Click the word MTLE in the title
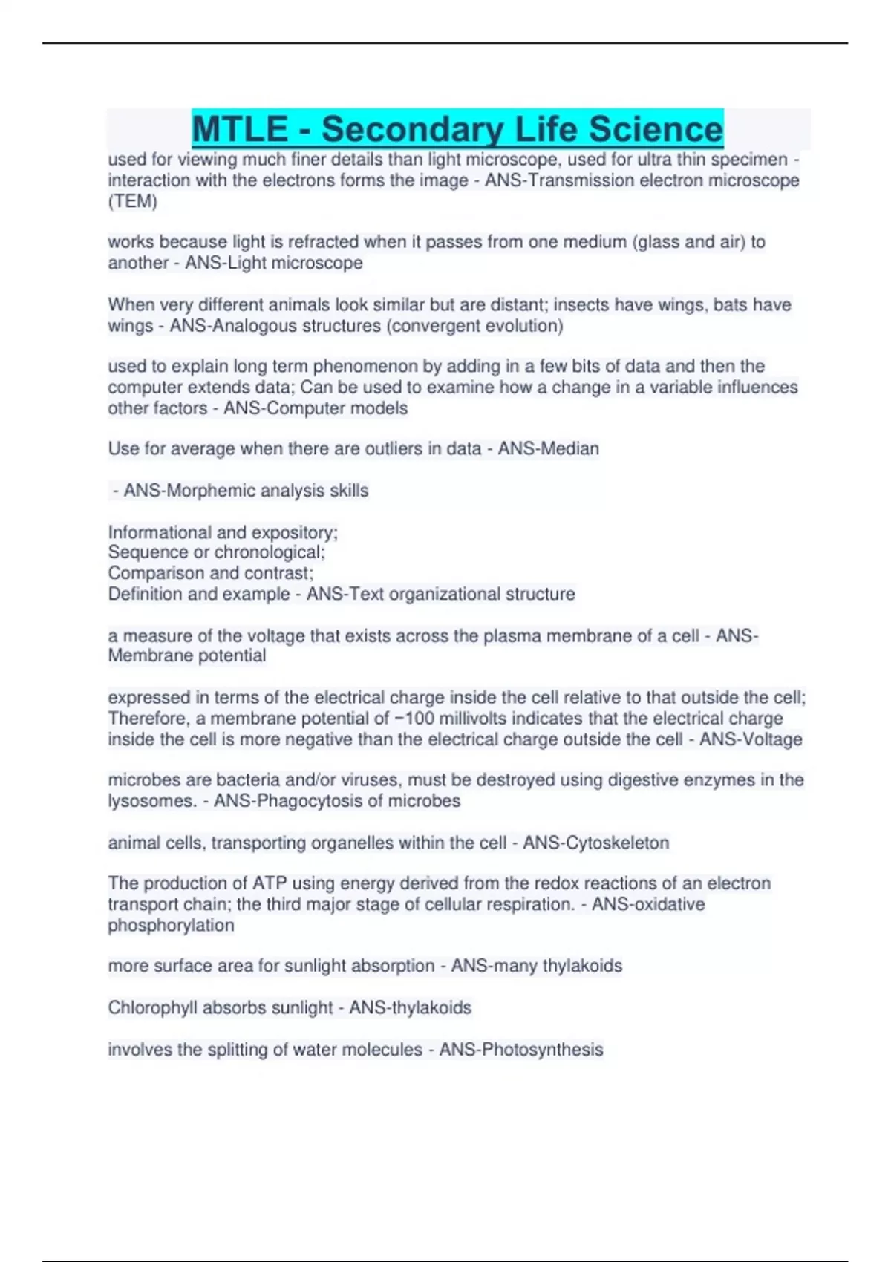(x=240, y=129)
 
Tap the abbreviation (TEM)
(x=132, y=201)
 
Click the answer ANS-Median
(x=548, y=448)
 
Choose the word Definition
(x=146, y=594)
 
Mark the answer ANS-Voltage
(x=751, y=739)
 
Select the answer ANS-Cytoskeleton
(x=595, y=843)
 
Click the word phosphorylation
(x=171, y=925)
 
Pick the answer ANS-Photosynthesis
(x=520, y=1049)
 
